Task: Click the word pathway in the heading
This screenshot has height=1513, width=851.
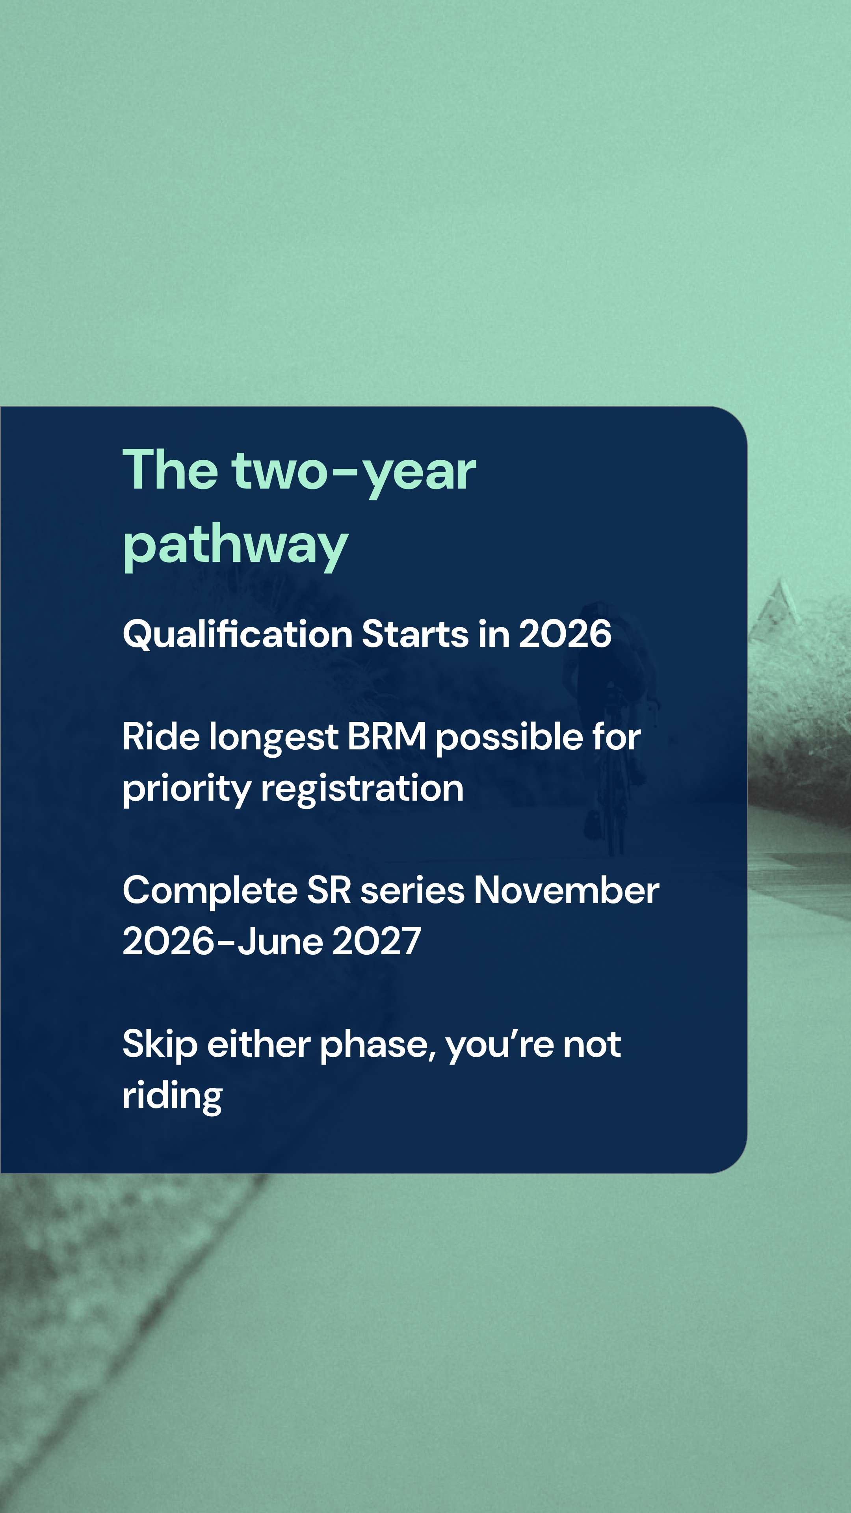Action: tap(235, 545)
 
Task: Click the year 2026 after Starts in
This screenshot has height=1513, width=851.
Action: tap(565, 634)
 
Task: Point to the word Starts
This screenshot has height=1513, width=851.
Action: tap(414, 634)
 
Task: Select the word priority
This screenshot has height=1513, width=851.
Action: tap(186, 789)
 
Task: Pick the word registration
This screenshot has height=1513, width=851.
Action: tap(362, 789)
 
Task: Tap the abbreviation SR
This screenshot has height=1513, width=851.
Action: tap(329, 890)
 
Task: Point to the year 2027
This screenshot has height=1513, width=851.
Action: tap(377, 942)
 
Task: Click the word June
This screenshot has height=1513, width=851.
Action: tap(280, 942)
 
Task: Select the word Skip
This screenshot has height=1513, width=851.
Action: tap(160, 1045)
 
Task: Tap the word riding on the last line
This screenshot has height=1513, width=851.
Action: tap(172, 1097)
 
